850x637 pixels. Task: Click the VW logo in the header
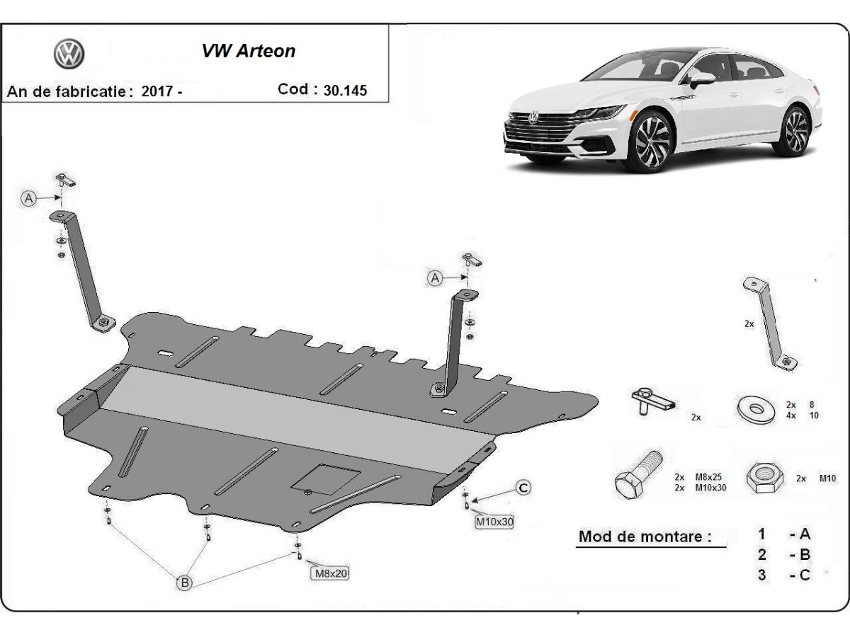pyautogui.click(x=69, y=53)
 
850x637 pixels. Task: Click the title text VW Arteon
pyautogui.click(x=249, y=52)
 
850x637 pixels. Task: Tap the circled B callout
pyautogui.click(x=184, y=583)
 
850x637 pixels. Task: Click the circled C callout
pyautogui.click(x=523, y=487)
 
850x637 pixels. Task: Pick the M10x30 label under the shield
pyautogui.click(x=494, y=522)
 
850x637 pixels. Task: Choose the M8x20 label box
pyautogui.click(x=331, y=573)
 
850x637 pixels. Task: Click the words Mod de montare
pyautogui.click(x=645, y=536)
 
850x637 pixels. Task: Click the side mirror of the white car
pyautogui.click(x=701, y=77)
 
